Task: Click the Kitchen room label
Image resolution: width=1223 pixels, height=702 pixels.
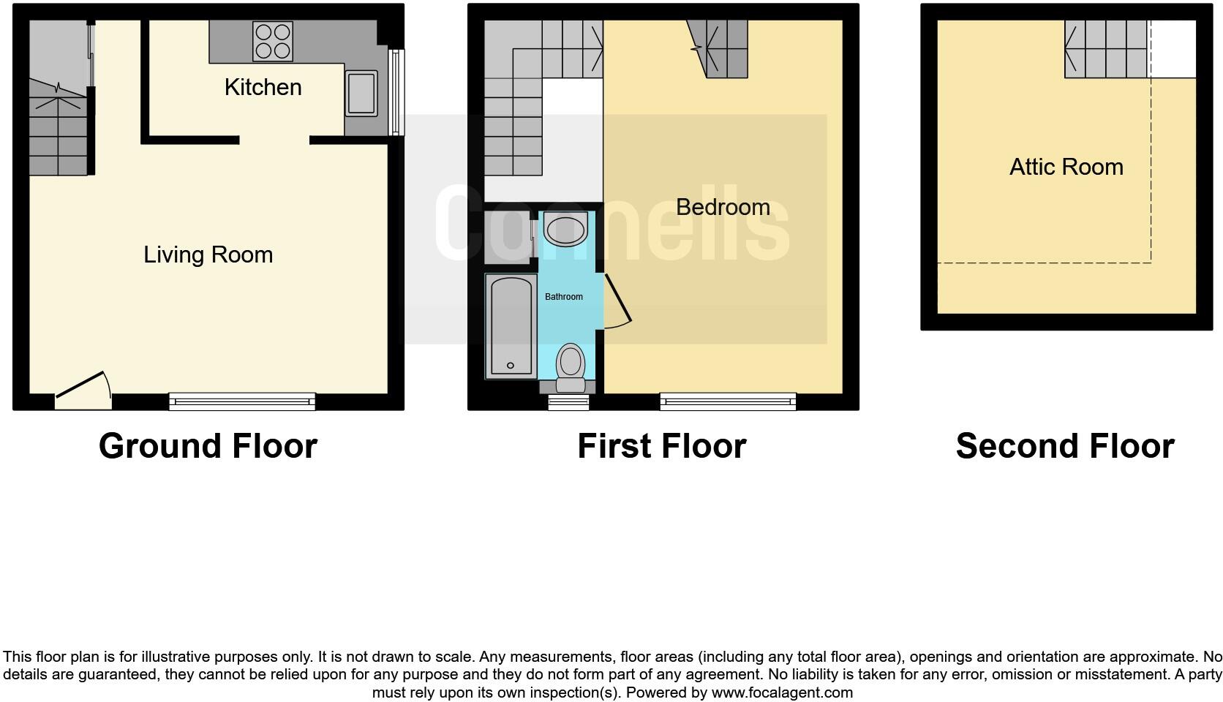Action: click(x=263, y=87)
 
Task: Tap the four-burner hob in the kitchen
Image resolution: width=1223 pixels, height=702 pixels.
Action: click(x=273, y=41)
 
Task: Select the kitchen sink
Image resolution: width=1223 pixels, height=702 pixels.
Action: click(x=361, y=93)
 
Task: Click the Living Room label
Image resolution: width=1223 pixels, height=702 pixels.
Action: click(x=208, y=254)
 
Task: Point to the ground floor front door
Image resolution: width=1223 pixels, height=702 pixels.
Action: click(x=83, y=388)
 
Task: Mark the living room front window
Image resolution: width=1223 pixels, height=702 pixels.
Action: click(x=242, y=401)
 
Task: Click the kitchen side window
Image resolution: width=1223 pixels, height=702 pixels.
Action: click(x=396, y=92)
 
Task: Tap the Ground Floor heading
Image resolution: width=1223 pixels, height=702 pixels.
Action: click(x=208, y=446)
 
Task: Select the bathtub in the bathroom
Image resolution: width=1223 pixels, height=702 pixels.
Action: click(x=510, y=325)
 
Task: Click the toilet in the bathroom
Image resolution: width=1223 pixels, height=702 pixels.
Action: click(x=570, y=368)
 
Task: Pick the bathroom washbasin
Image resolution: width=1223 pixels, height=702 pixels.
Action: click(x=565, y=230)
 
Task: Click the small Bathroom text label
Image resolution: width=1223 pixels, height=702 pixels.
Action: click(x=563, y=297)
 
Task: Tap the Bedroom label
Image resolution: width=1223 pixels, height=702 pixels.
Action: click(x=723, y=207)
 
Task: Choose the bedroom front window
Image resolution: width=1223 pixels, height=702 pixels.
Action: click(x=728, y=401)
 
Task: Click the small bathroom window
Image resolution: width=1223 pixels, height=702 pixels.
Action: click(x=568, y=401)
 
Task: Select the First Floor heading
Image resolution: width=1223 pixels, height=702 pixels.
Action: click(x=661, y=446)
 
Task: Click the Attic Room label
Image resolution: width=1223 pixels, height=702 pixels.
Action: click(x=1066, y=167)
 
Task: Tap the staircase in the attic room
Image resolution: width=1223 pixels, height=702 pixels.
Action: click(x=1106, y=49)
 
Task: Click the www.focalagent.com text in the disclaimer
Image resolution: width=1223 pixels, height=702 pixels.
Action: click(x=782, y=692)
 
